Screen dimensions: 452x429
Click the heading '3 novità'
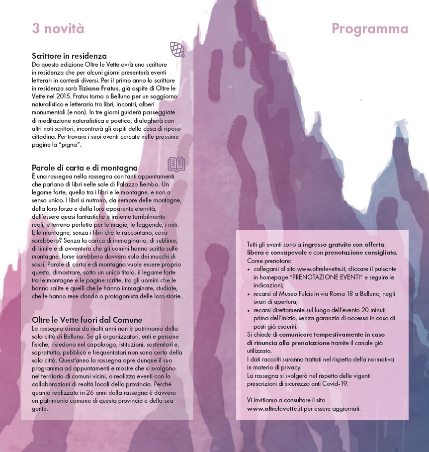pyautogui.click(x=58, y=29)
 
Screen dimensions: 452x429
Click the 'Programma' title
pyautogui.click(x=370, y=29)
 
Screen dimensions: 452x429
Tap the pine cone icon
pyautogui.click(x=177, y=49)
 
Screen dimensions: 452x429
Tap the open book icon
pyautogui.click(x=176, y=163)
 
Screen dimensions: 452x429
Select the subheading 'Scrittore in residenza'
pyautogui.click(x=69, y=56)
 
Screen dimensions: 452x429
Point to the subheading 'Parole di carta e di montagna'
pyautogui.click(x=85, y=168)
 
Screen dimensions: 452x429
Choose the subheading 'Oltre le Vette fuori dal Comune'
pyautogui.click(x=87, y=320)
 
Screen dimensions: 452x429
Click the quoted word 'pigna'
pyautogui.click(x=71, y=144)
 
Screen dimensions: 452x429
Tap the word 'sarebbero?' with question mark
pyautogui.click(x=48, y=240)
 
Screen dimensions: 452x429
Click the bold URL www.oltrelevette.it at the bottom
pyautogui.click(x=275, y=408)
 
